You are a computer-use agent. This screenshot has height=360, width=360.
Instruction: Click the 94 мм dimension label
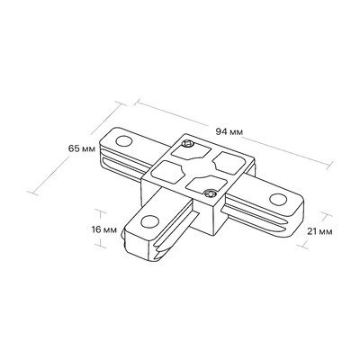(x=229, y=131)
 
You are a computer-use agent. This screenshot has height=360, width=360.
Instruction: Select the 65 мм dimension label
(x=82, y=148)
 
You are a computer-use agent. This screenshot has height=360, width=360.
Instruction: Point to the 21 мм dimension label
(x=319, y=231)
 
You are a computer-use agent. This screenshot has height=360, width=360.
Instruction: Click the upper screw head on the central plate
(x=189, y=144)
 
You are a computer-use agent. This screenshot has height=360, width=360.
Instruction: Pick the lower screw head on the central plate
(x=210, y=193)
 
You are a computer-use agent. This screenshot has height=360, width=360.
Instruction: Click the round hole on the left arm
(x=124, y=140)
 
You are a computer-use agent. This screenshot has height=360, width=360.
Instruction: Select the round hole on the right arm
(x=278, y=199)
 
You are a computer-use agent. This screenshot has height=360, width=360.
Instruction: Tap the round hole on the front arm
(x=149, y=221)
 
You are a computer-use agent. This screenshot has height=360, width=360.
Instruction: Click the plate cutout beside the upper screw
(x=190, y=153)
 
